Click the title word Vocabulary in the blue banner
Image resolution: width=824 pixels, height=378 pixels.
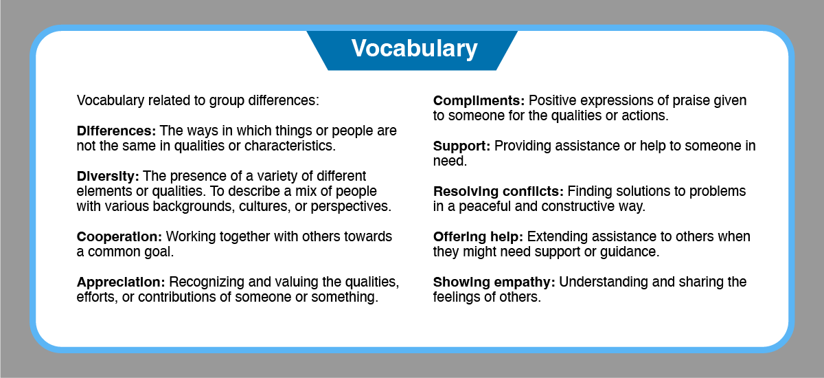click(414, 49)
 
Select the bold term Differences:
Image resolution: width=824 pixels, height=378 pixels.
click(116, 131)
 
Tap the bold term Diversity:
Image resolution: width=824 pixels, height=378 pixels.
click(108, 177)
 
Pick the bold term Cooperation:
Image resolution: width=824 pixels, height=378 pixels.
click(119, 236)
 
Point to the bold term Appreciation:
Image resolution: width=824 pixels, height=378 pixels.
click(121, 282)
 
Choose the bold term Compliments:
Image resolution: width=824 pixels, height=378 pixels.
click(479, 101)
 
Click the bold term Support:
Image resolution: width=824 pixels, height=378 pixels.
click(461, 146)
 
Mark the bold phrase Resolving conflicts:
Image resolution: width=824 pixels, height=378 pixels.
click(499, 192)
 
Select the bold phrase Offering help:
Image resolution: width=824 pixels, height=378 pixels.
click(478, 237)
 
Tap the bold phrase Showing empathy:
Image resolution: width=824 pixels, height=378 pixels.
click(494, 282)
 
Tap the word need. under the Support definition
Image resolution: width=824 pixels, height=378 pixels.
click(450, 161)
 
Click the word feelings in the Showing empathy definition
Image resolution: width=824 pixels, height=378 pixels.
click(456, 298)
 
